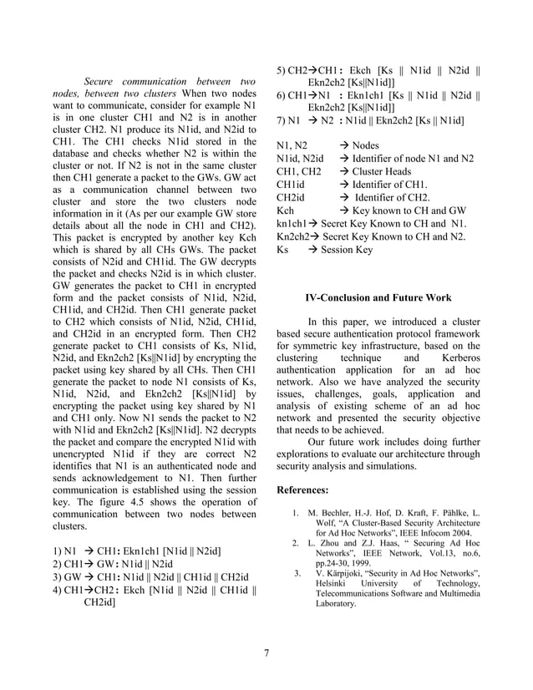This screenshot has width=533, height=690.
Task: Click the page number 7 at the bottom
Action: click(266, 652)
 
